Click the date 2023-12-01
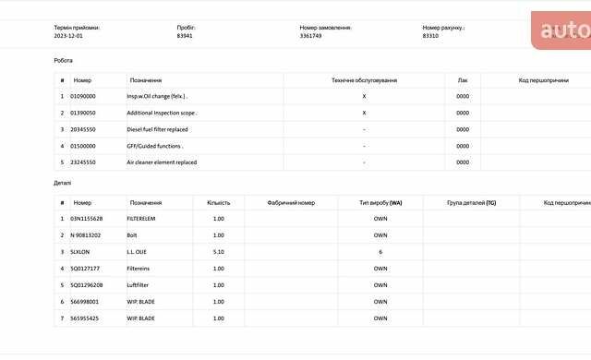pyautogui.click(x=68, y=36)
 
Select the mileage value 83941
pyautogui.click(x=186, y=36)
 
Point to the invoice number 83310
pyautogui.click(x=430, y=36)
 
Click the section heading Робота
pyautogui.click(x=63, y=60)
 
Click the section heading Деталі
pyautogui.click(x=62, y=183)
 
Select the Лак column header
pyautogui.click(x=463, y=80)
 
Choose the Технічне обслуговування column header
pyautogui.click(x=364, y=80)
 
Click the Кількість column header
pyautogui.click(x=219, y=202)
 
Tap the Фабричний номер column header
pyautogui.click(x=291, y=202)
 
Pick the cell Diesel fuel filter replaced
pyautogui.click(x=157, y=129)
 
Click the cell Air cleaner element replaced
pyautogui.click(x=162, y=162)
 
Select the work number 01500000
pyautogui.click(x=83, y=146)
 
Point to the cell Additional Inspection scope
pyautogui.click(x=162, y=113)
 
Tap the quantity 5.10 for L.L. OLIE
pyautogui.click(x=219, y=252)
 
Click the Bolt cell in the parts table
pyautogui.click(x=133, y=235)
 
